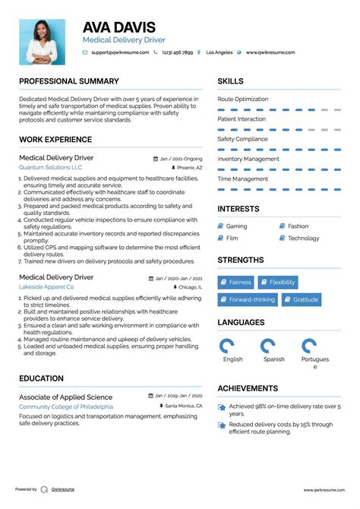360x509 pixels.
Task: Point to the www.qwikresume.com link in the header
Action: click(267, 53)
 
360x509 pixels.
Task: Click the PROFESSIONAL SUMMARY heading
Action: click(69, 81)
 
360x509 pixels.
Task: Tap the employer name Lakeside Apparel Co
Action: click(46, 287)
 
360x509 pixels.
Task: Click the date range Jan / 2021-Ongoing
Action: click(182, 158)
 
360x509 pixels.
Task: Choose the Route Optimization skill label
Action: click(242, 100)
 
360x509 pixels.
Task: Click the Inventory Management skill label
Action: click(248, 159)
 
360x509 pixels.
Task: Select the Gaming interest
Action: click(236, 226)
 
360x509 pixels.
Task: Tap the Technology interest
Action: click(303, 239)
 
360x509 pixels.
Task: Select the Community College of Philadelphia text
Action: click(66, 407)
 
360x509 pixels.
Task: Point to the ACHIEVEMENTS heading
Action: click(248, 388)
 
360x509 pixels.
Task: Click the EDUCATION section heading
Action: click(41, 378)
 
